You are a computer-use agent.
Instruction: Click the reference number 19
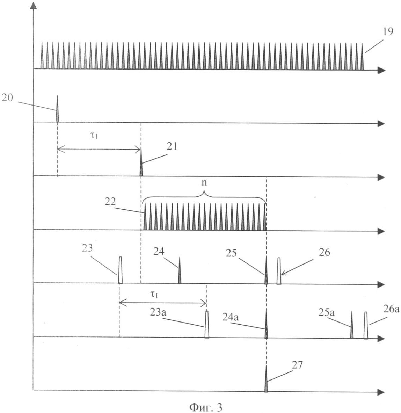[388, 32]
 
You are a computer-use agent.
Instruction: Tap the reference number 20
[7, 98]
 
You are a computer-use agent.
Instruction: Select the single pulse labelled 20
[57, 109]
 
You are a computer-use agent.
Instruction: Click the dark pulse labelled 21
[141, 162]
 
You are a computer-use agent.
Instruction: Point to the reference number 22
[110, 202]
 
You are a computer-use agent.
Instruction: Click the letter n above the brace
[204, 182]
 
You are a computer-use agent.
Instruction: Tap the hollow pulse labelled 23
[120, 270]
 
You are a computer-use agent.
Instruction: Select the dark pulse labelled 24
[180, 270]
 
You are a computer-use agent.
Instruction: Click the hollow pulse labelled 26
[279, 271]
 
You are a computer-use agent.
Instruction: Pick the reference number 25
[231, 253]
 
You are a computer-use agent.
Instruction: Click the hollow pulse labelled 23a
[207, 324]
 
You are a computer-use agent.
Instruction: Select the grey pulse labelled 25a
[351, 325]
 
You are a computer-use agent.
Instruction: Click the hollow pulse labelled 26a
[366, 325]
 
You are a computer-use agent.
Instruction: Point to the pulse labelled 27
[266, 379]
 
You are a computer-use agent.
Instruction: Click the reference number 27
[297, 365]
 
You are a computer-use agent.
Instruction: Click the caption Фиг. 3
[206, 407]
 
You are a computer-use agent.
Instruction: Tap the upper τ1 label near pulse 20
[94, 136]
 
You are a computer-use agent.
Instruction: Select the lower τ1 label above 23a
[154, 294]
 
